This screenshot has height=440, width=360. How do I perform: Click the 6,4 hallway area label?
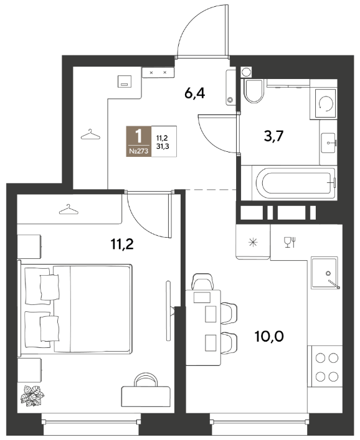tap(194, 93)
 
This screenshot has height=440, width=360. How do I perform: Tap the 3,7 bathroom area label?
tap(273, 136)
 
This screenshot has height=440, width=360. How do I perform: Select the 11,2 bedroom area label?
tap(122, 244)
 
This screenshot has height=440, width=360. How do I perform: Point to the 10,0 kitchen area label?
tap(269, 336)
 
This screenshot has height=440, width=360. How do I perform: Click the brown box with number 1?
tap(139, 141)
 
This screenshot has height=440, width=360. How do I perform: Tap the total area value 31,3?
tap(163, 146)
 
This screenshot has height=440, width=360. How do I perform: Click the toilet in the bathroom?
tap(254, 91)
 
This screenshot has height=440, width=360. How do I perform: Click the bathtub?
tap(294, 183)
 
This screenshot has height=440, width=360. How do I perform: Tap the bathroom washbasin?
tap(328, 143)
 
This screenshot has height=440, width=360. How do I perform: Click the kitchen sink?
tap(325, 273)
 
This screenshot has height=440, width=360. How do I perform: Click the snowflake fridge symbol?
tap(253, 242)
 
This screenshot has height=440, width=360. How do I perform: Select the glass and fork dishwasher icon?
tap(290, 242)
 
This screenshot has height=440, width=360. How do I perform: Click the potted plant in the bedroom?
tap(32, 396)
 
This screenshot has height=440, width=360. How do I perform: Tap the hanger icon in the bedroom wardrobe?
tap(69, 209)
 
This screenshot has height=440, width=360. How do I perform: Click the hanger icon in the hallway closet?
tap(90, 134)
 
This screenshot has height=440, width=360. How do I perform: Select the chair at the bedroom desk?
tap(146, 380)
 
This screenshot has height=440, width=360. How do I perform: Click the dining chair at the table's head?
tap(202, 282)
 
